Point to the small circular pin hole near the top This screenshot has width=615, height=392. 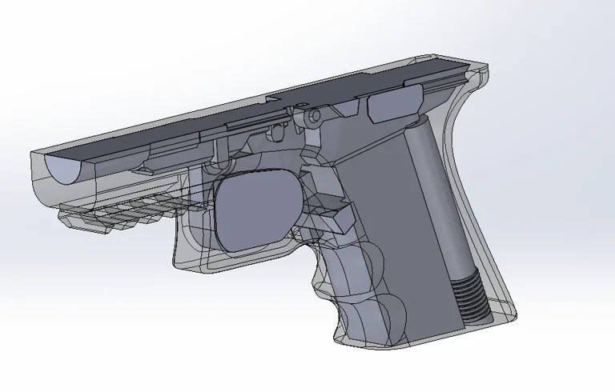pos(315,117)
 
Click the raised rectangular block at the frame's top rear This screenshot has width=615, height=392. pos(396,102)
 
